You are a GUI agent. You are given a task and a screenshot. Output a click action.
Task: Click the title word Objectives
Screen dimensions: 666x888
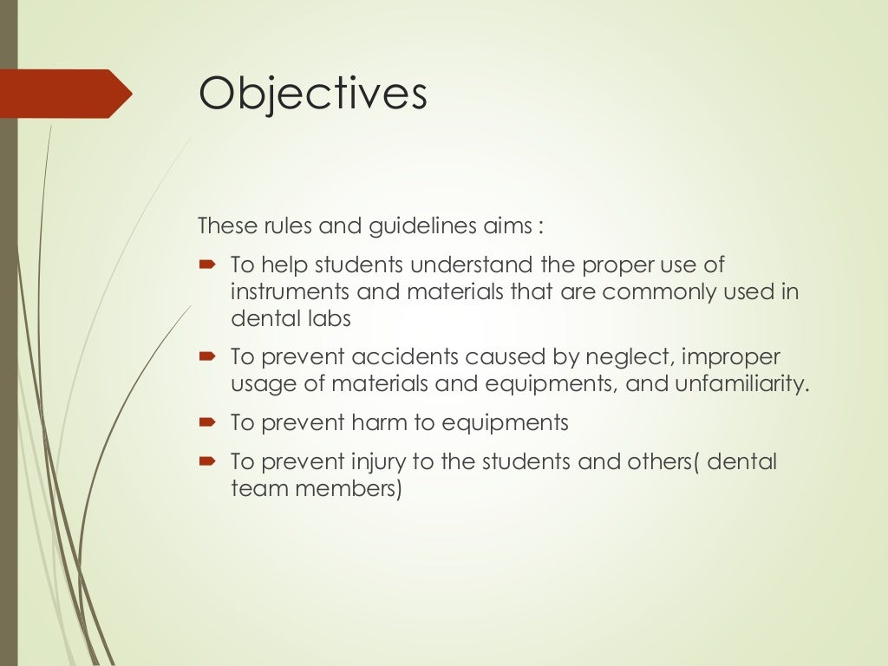[x=312, y=95]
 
